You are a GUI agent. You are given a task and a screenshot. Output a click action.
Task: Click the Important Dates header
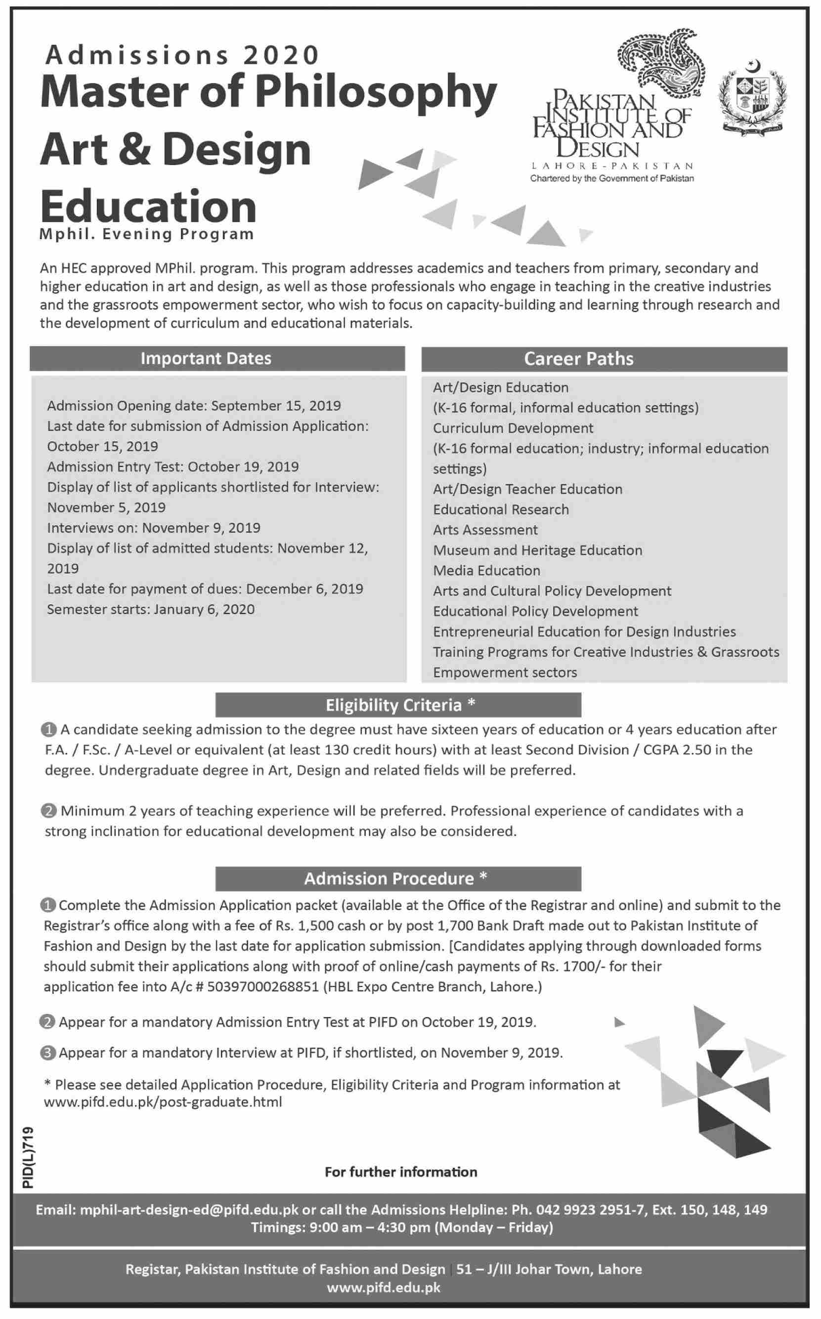[x=206, y=359]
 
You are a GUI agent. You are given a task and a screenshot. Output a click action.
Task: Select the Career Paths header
[x=578, y=359]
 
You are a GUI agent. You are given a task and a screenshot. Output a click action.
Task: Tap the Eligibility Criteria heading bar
[x=398, y=705]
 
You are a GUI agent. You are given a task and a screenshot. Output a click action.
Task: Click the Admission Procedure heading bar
[x=398, y=878]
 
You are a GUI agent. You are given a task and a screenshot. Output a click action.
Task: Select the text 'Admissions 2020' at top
[x=182, y=55]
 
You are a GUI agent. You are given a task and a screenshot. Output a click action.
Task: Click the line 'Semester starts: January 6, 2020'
[x=151, y=609]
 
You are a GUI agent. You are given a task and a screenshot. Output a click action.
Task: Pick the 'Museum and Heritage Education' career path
[x=538, y=550]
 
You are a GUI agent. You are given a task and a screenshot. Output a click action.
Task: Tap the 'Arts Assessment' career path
[x=485, y=530]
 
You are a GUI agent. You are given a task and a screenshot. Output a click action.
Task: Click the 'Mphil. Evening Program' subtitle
[x=147, y=234]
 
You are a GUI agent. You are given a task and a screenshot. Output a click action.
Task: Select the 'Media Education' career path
[x=486, y=570]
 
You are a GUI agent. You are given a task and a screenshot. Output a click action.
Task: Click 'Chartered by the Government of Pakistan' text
[x=612, y=178]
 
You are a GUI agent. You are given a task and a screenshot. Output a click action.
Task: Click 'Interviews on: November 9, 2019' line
[x=154, y=528]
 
